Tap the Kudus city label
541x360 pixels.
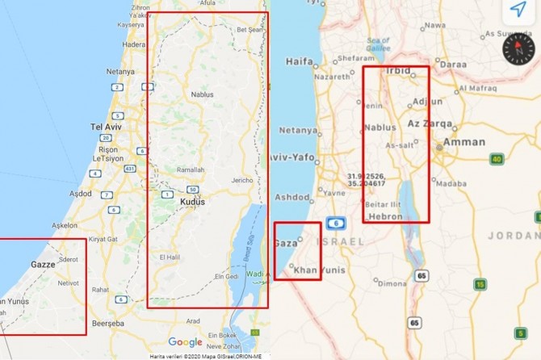[192, 202]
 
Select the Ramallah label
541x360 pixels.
[191, 170]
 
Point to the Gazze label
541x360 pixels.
[42, 264]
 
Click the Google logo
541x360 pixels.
[185, 342]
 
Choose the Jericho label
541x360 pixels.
[243, 180]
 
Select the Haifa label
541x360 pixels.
[299, 61]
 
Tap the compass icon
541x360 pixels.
[518, 51]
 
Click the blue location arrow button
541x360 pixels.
[518, 10]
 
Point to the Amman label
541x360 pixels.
[463, 143]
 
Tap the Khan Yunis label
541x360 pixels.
[314, 270]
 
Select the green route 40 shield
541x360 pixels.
[497, 159]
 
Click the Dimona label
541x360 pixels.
[392, 283]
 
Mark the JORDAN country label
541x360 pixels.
[514, 235]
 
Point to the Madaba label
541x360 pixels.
[450, 183]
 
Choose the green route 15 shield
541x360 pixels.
[480, 284]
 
